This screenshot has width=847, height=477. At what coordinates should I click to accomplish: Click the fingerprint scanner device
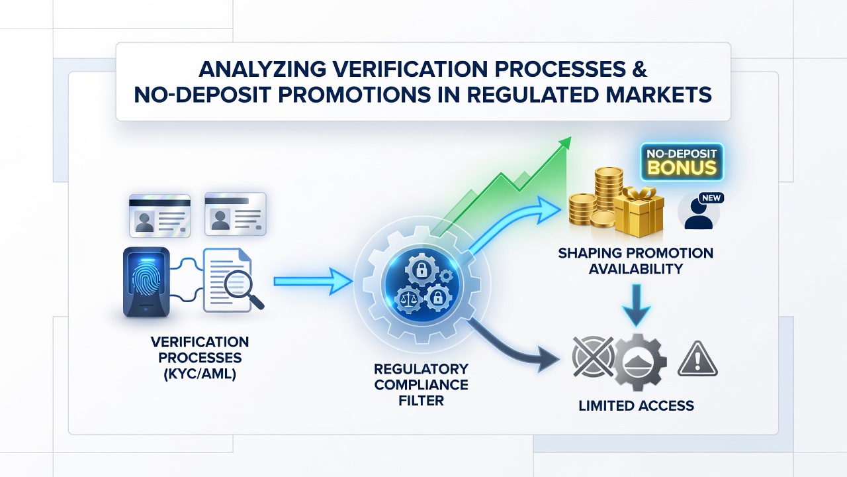pos(147,282)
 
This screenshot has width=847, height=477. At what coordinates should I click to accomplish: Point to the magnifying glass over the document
pos(243,288)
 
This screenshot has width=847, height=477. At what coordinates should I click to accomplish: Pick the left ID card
pos(159,216)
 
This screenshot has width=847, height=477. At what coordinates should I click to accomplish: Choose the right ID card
pos(235,214)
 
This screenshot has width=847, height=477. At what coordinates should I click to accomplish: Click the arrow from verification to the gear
pos(313,282)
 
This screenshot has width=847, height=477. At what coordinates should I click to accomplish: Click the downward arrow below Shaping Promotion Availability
pos(637,305)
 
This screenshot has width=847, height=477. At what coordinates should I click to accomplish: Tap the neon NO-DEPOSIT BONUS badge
pos(682,162)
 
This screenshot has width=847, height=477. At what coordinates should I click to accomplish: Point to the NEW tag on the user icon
pos(711,198)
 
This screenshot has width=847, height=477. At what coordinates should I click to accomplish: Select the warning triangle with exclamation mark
pos(697,359)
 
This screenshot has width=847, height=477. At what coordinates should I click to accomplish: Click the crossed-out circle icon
pos(593,356)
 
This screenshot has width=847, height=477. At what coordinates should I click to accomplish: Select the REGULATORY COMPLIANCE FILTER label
pos(422,384)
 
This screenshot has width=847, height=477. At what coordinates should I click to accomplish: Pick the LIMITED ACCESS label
pos(637,406)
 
